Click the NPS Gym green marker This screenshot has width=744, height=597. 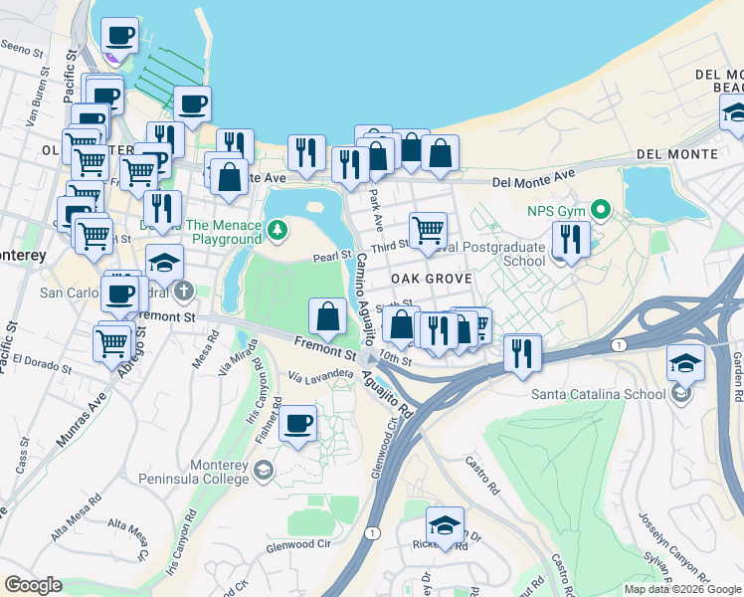(x=600, y=210)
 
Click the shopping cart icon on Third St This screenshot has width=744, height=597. (x=428, y=230)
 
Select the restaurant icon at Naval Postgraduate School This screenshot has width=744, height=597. (x=570, y=239)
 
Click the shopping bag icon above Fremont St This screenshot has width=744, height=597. (x=327, y=317)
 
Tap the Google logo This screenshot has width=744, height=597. (x=33, y=585)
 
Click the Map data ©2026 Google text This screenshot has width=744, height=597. (x=681, y=589)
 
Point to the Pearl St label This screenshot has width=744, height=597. (x=333, y=256)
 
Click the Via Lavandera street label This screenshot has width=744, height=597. (x=322, y=375)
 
